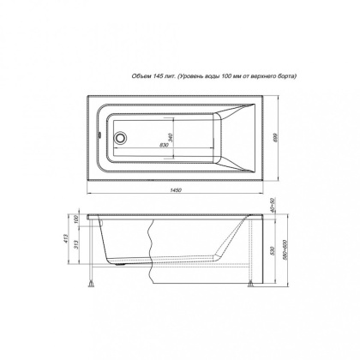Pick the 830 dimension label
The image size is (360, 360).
tap(140, 147)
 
